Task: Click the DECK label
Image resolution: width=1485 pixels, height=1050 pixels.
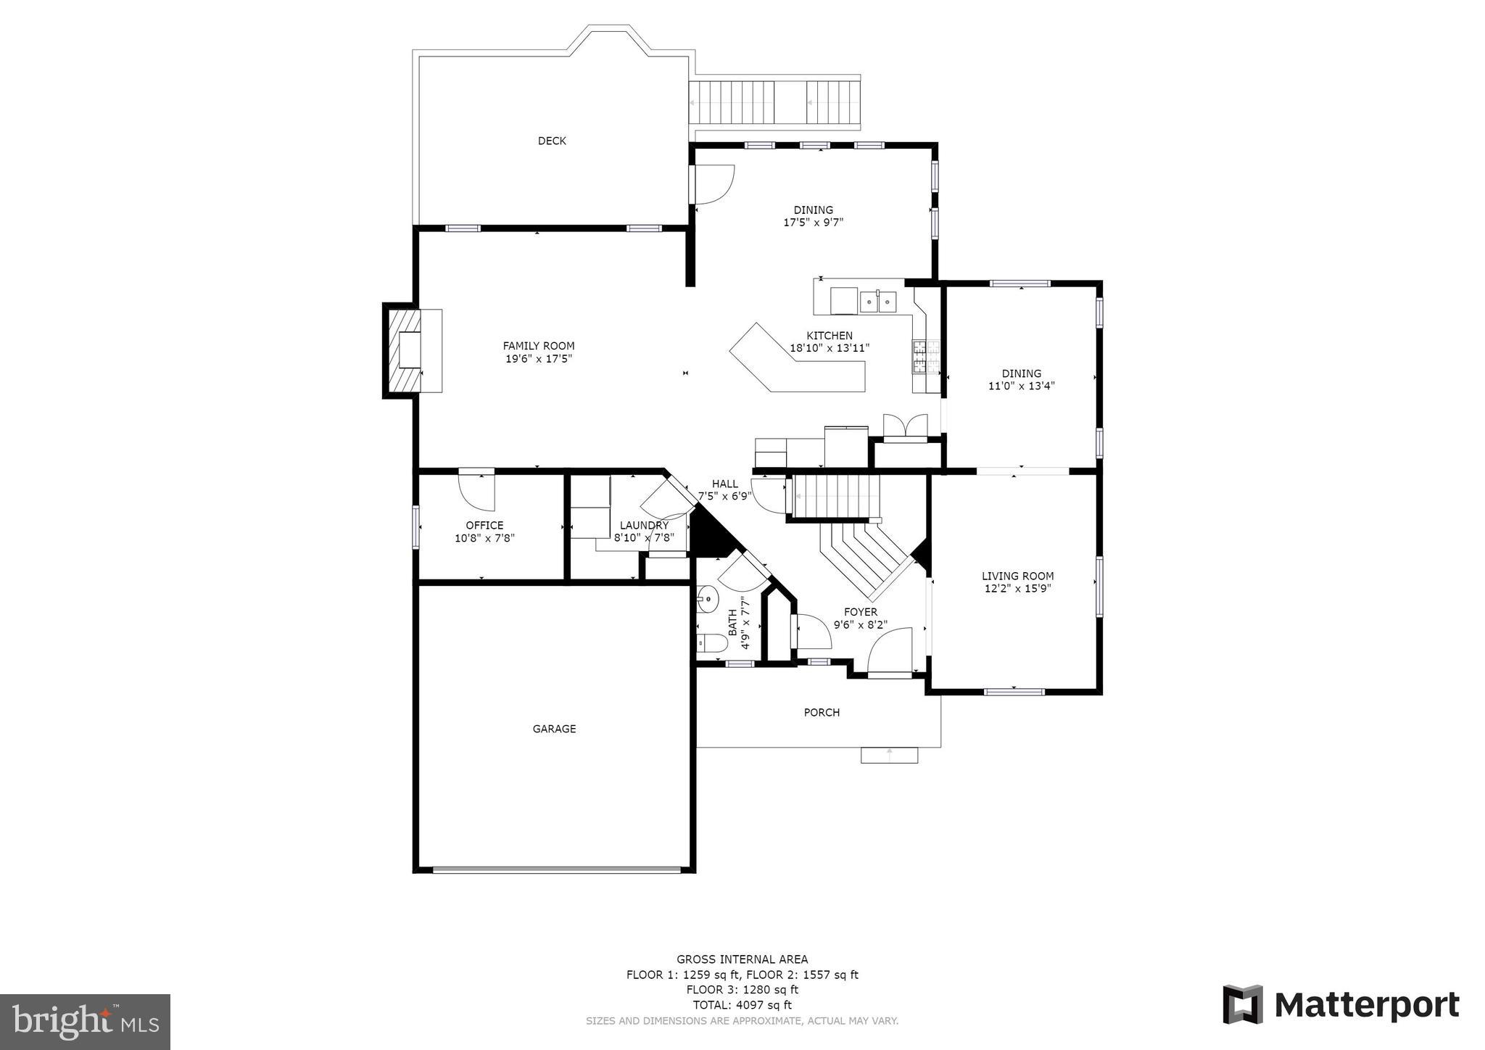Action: [552, 141]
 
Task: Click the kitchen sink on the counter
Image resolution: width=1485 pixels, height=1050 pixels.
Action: [878, 301]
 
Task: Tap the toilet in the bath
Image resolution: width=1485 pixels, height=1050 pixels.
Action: [712, 642]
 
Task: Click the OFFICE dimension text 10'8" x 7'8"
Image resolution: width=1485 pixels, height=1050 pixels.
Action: [484, 538]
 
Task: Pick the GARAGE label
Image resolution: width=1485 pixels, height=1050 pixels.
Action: [554, 729]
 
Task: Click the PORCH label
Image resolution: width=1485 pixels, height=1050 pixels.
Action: [822, 712]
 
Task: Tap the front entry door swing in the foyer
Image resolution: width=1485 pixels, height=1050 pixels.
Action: [890, 651]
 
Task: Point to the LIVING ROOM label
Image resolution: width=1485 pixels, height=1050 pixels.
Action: [1017, 576]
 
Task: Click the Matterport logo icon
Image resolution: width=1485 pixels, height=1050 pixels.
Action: [1243, 1004]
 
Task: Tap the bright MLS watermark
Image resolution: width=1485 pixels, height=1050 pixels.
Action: [85, 1022]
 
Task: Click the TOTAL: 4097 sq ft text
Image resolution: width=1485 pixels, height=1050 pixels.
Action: [742, 1005]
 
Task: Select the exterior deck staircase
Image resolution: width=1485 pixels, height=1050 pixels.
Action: [774, 103]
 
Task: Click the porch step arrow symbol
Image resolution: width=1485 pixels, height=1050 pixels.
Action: [889, 755]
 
